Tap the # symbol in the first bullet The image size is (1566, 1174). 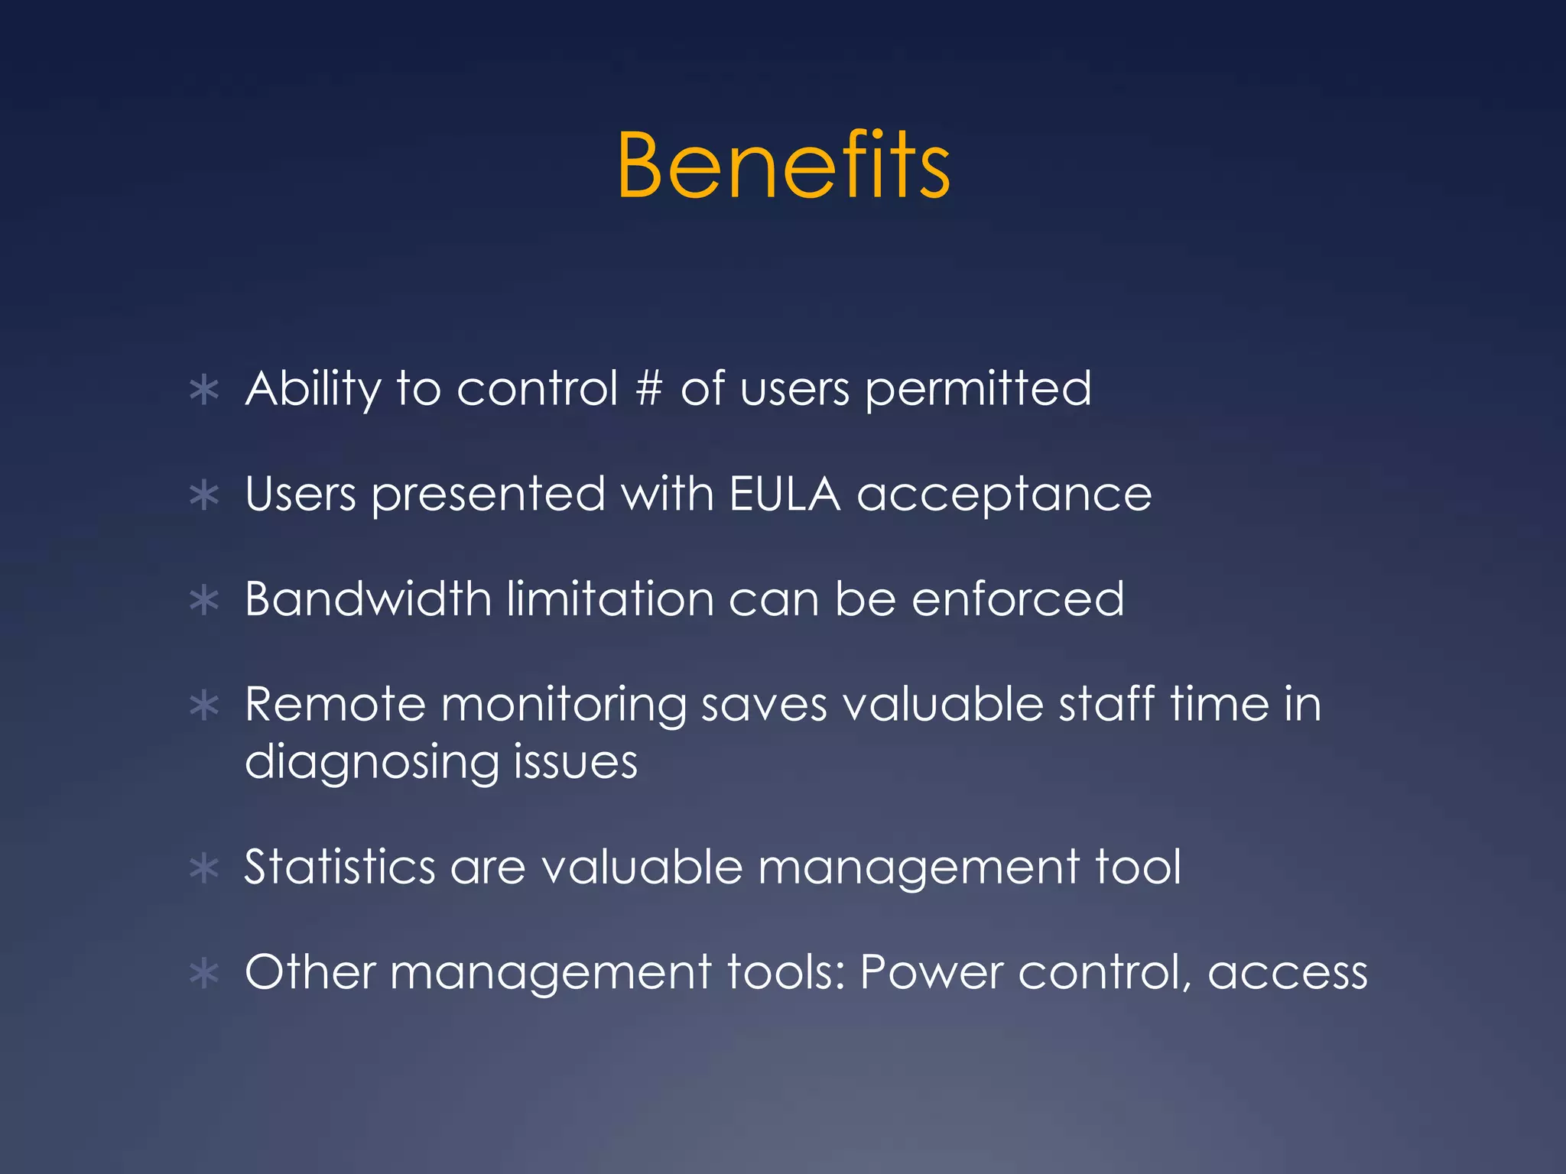[648, 388]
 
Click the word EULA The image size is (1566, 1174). [785, 494]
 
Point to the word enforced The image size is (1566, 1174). [1018, 598]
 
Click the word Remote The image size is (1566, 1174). [335, 704]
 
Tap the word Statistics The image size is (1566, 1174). [340, 868]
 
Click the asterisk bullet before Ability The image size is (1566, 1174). [204, 391]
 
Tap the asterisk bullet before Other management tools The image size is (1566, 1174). [204, 975]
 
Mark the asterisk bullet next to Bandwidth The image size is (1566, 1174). [204, 601]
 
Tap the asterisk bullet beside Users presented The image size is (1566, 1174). [204, 496]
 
